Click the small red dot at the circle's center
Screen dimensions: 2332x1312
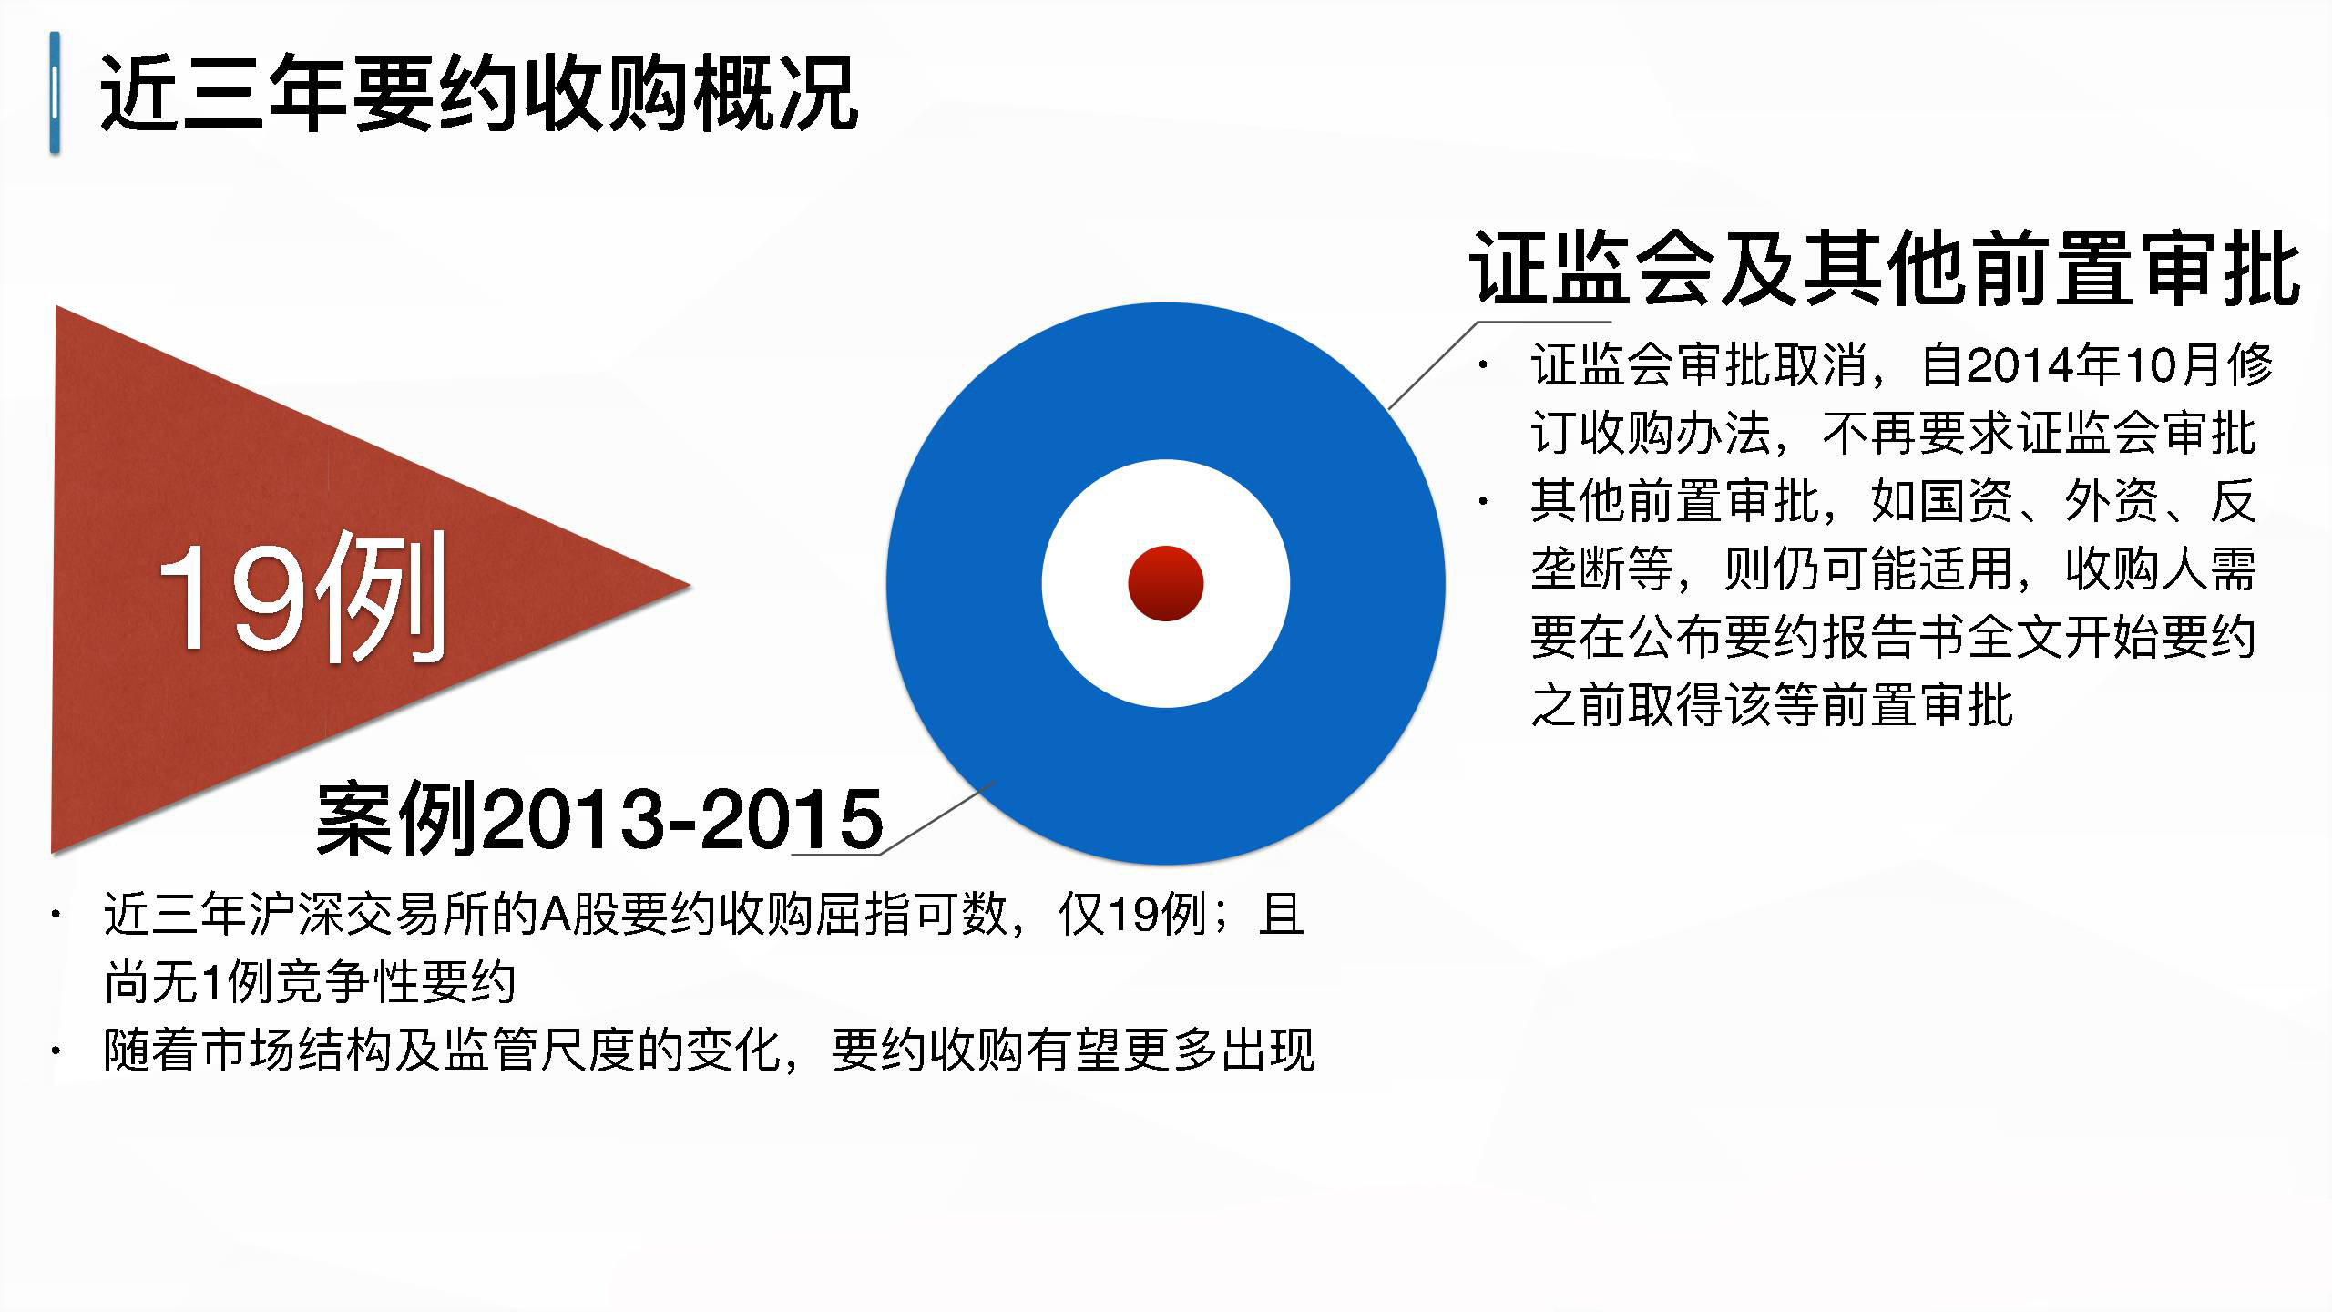(x=1166, y=583)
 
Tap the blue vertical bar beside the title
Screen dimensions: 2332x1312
(x=56, y=92)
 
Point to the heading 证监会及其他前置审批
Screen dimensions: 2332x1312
(x=1884, y=268)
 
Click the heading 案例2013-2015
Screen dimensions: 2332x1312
(x=599, y=817)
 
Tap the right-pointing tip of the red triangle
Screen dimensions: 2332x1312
(x=690, y=585)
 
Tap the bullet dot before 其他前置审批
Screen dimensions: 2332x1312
(x=1484, y=501)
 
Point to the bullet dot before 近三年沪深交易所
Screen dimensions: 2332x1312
(x=57, y=915)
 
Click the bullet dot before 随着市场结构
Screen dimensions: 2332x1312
(x=57, y=1051)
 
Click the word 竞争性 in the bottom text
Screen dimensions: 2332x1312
(x=346, y=982)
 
